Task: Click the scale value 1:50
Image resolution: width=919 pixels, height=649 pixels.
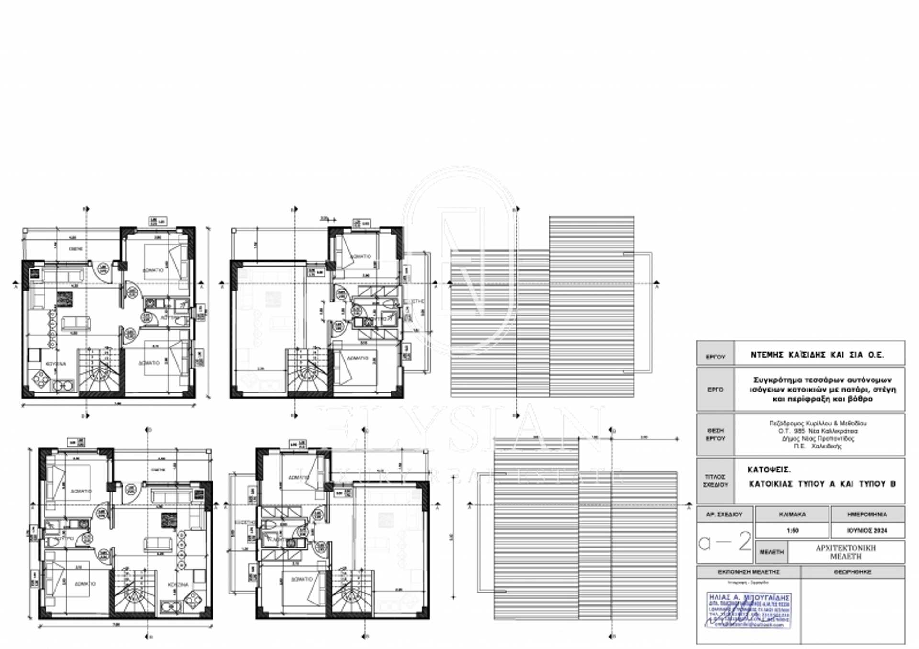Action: point(792,530)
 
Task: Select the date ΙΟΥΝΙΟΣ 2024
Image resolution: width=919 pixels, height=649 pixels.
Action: point(867,530)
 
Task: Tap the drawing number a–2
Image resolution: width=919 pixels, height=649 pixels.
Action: point(725,542)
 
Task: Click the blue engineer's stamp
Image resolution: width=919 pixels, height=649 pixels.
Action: point(749,610)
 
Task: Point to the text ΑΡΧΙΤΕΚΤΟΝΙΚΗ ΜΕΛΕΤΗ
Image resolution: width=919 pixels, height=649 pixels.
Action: point(845,552)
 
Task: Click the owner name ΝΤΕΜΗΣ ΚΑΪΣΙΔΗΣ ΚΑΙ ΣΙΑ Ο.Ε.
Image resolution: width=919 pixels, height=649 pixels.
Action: point(817,355)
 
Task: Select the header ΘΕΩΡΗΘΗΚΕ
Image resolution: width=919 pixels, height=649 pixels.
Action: point(852,572)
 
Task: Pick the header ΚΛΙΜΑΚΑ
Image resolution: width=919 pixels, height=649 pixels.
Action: point(792,515)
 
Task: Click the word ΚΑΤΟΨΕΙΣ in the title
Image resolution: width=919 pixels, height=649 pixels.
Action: point(769,470)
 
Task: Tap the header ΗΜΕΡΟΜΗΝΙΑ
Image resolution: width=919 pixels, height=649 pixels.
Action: point(867,515)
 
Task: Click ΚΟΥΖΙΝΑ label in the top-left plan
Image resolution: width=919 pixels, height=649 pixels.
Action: point(56,364)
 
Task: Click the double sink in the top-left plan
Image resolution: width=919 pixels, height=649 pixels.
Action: point(63,386)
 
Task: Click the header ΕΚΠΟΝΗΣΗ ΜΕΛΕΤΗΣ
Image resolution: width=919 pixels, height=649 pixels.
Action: point(749,572)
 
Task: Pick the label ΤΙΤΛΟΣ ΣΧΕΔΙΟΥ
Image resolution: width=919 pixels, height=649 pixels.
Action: point(715,481)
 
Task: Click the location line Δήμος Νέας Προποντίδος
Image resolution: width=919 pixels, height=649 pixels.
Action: point(818,438)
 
